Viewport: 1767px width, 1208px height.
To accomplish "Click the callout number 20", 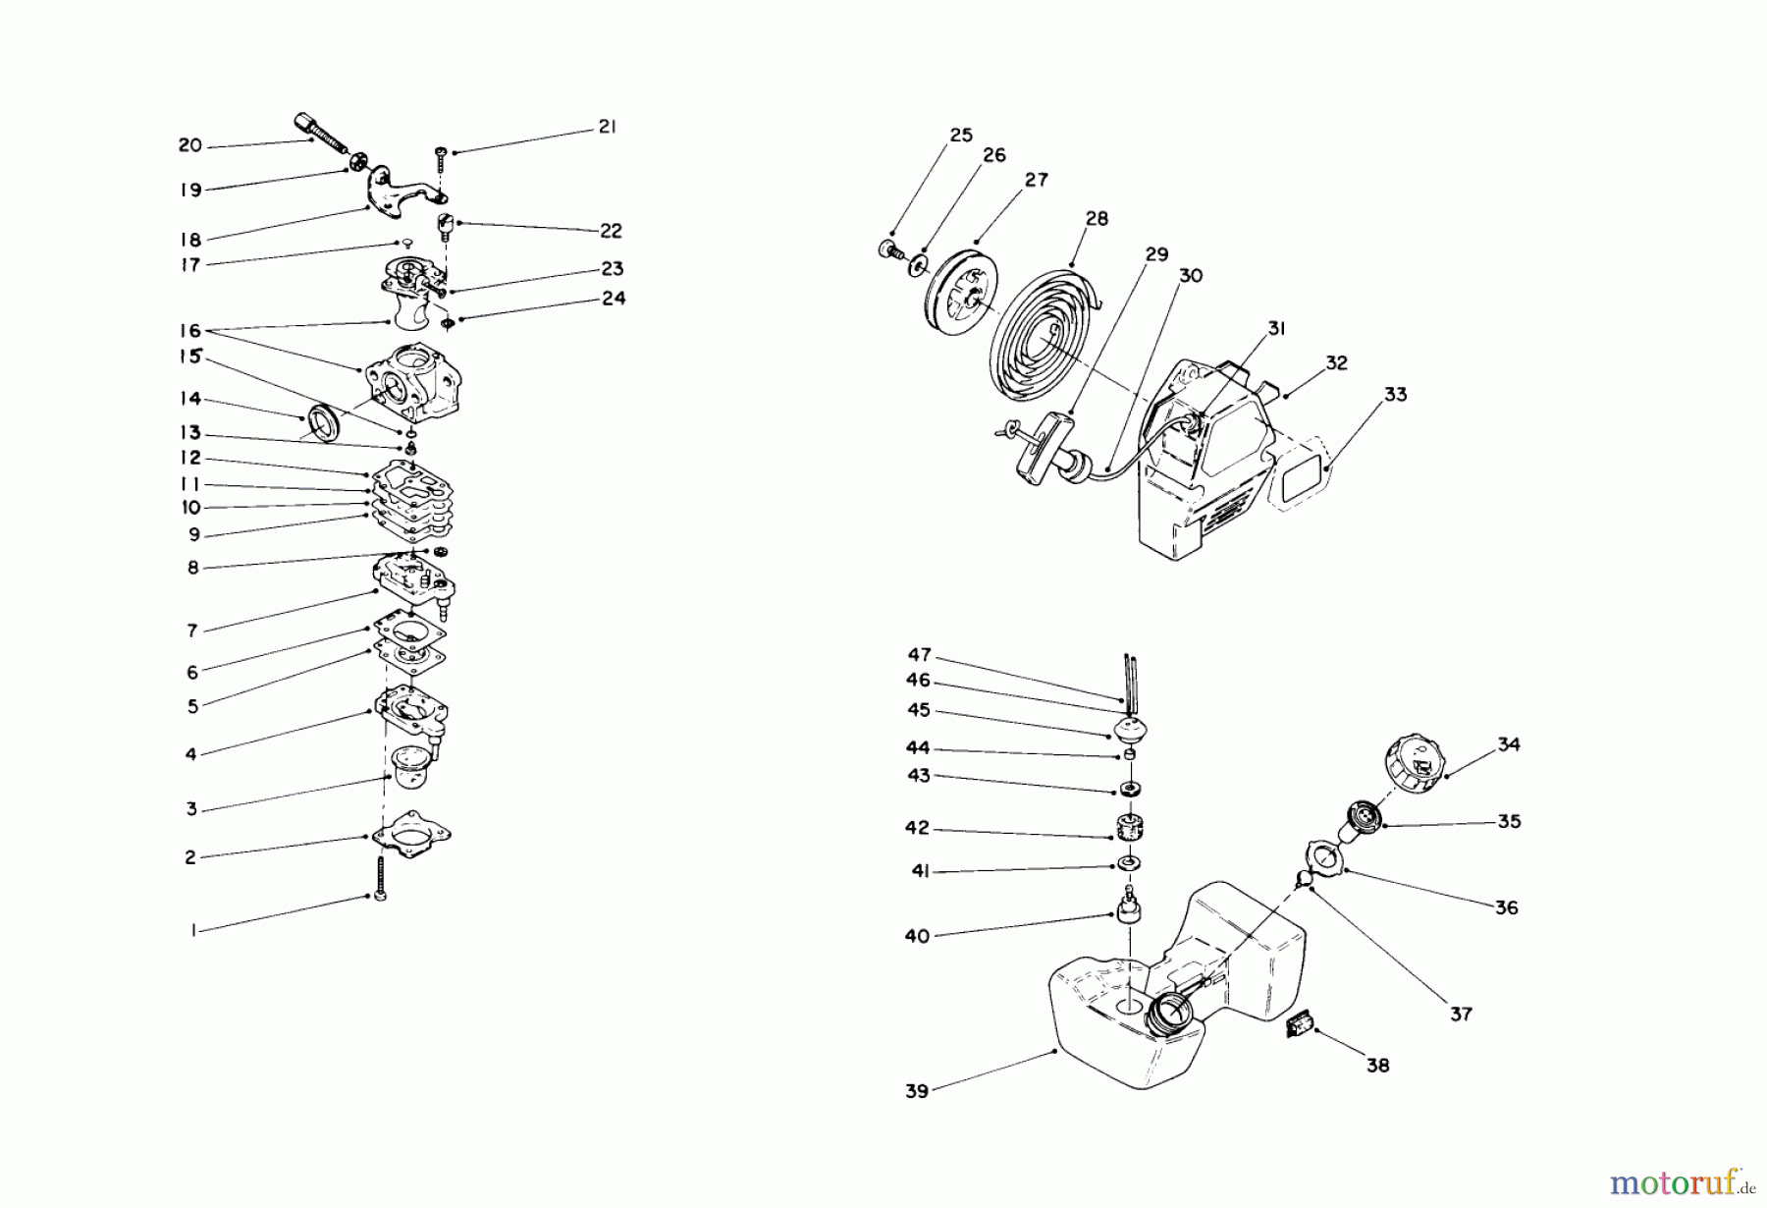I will [x=189, y=145].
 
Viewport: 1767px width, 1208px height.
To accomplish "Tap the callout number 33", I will [x=1395, y=395].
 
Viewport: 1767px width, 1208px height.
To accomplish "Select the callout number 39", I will [x=916, y=1091].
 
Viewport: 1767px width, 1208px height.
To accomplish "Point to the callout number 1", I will [x=193, y=930].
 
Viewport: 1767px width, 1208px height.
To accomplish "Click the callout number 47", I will [x=919, y=655].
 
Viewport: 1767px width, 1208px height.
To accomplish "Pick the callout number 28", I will [x=1097, y=219].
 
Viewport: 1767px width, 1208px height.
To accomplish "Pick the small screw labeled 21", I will [x=441, y=160].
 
